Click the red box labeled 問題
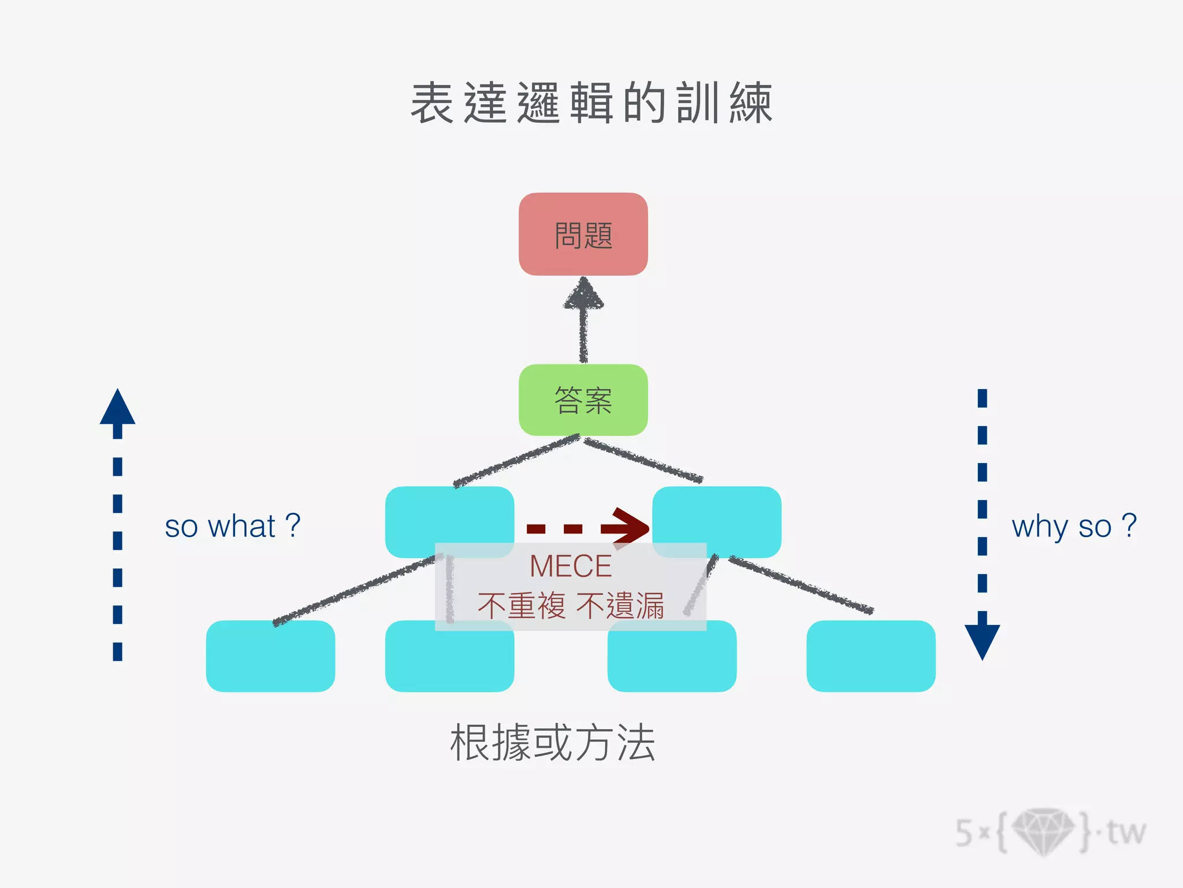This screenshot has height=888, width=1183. [583, 234]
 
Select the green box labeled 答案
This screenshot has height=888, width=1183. [583, 399]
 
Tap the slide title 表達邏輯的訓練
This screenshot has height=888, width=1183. [591, 103]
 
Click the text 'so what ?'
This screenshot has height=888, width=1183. [232, 526]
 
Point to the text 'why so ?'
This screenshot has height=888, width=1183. [1074, 526]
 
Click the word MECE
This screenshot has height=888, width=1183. [570, 566]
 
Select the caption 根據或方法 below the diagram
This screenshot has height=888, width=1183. [553, 743]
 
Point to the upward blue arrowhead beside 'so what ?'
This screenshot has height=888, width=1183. [117, 408]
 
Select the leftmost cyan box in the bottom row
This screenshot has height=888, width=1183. [270, 656]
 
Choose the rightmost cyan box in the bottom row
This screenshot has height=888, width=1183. [870, 656]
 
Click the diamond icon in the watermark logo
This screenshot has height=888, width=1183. [1043, 831]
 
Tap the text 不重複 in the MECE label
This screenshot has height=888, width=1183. [521, 606]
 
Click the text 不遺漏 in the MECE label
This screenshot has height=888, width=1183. [620, 606]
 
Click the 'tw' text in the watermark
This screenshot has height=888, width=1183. [1126, 832]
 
